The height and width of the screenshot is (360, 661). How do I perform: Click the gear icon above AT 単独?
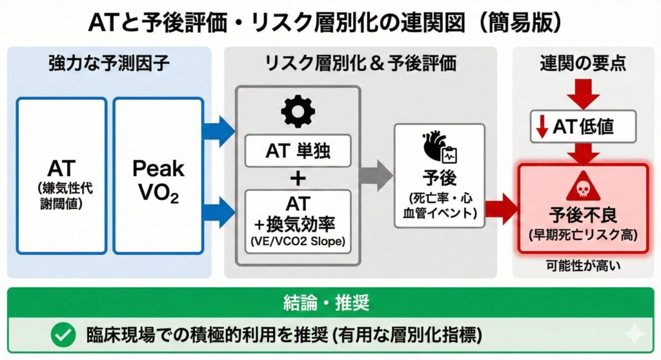point(298,112)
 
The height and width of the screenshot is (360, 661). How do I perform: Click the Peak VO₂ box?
point(158,175)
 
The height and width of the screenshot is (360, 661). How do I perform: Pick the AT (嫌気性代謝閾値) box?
point(62,175)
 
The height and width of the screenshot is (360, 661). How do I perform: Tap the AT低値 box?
point(583,126)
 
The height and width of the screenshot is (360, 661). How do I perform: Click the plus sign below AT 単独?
point(298,176)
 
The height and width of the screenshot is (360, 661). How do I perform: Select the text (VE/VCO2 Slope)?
point(298,243)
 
